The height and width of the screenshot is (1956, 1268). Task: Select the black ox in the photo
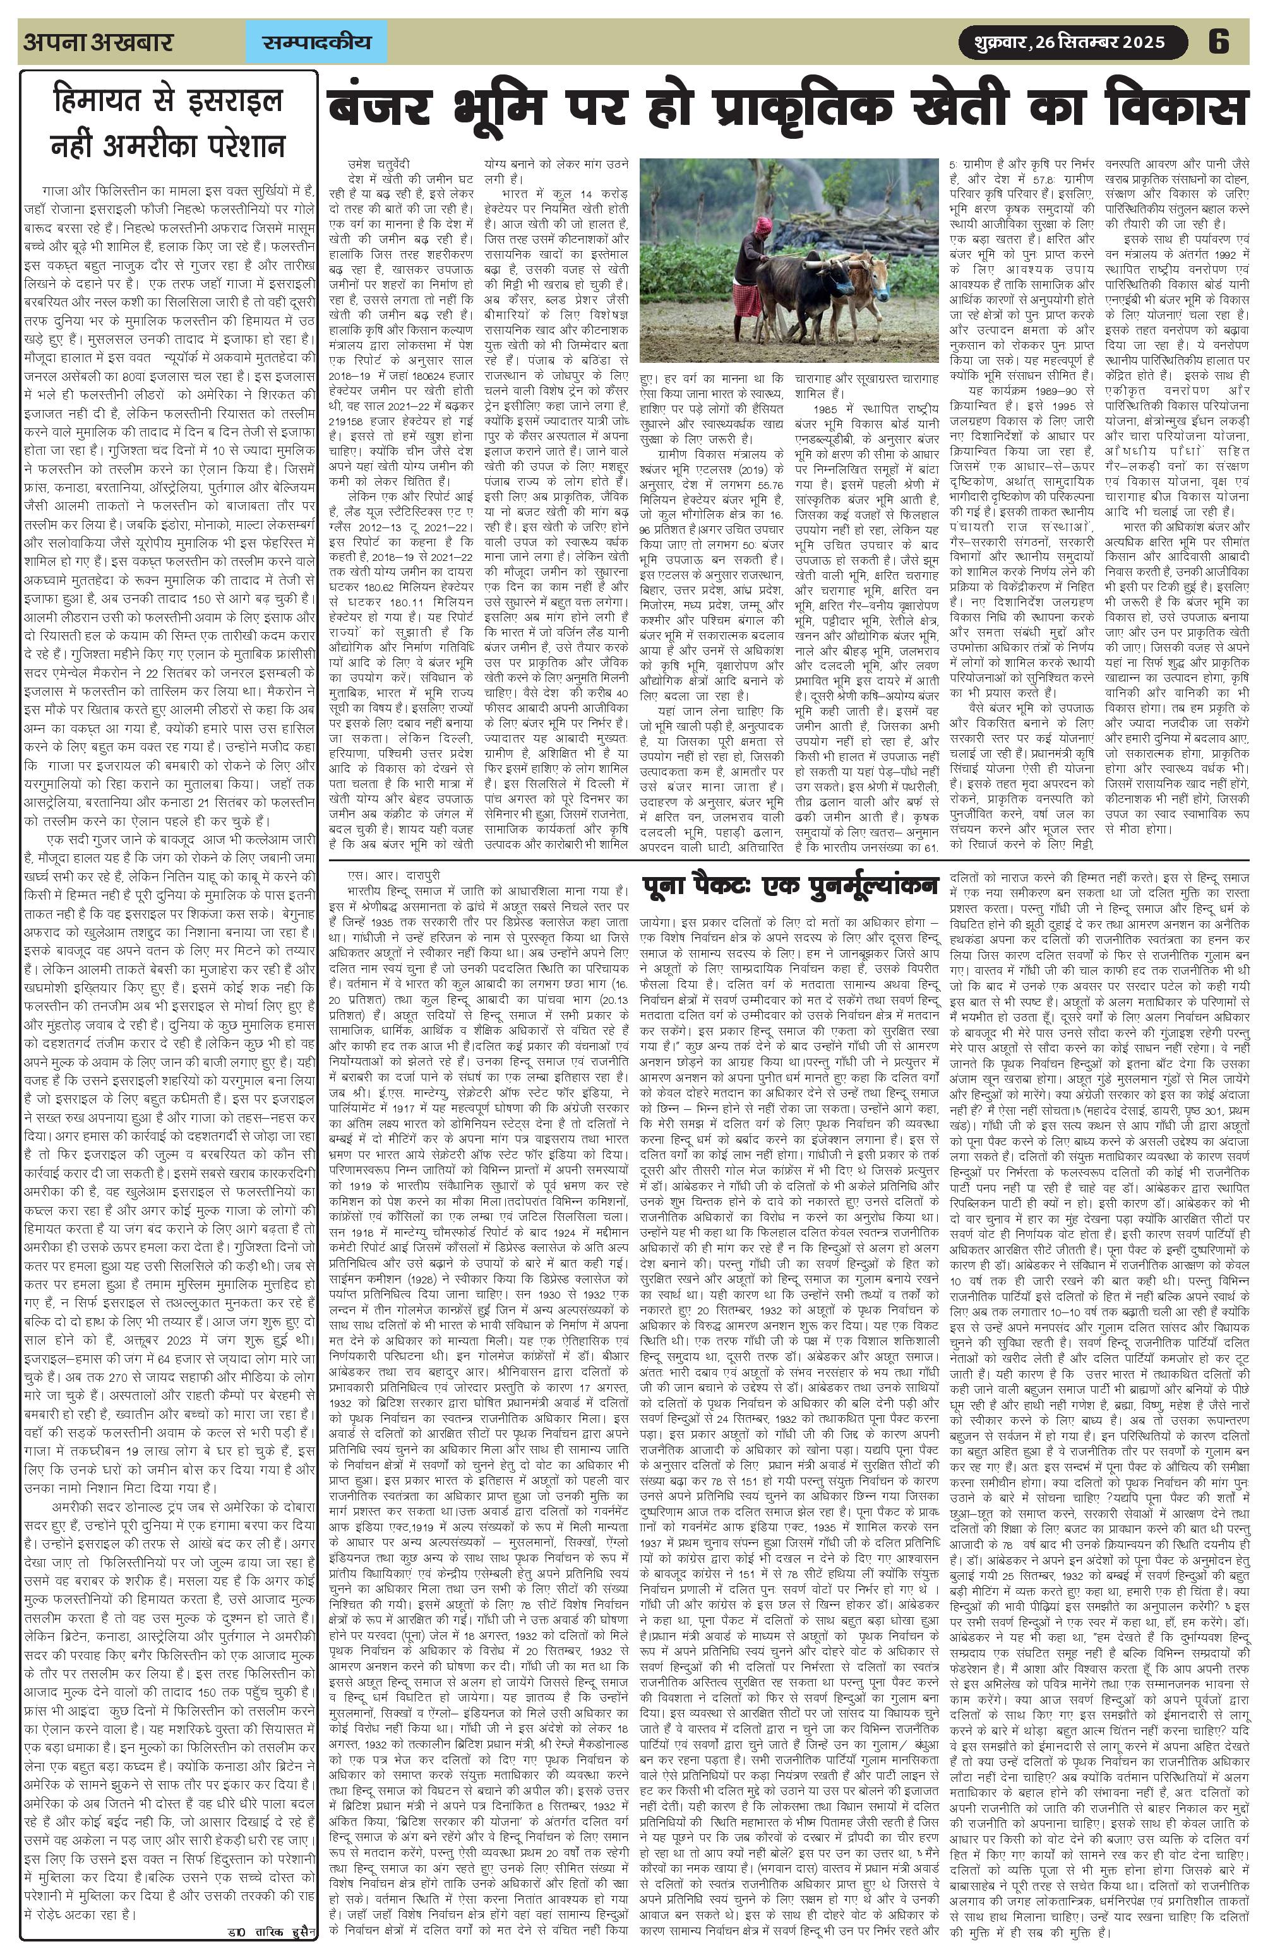[802, 283]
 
